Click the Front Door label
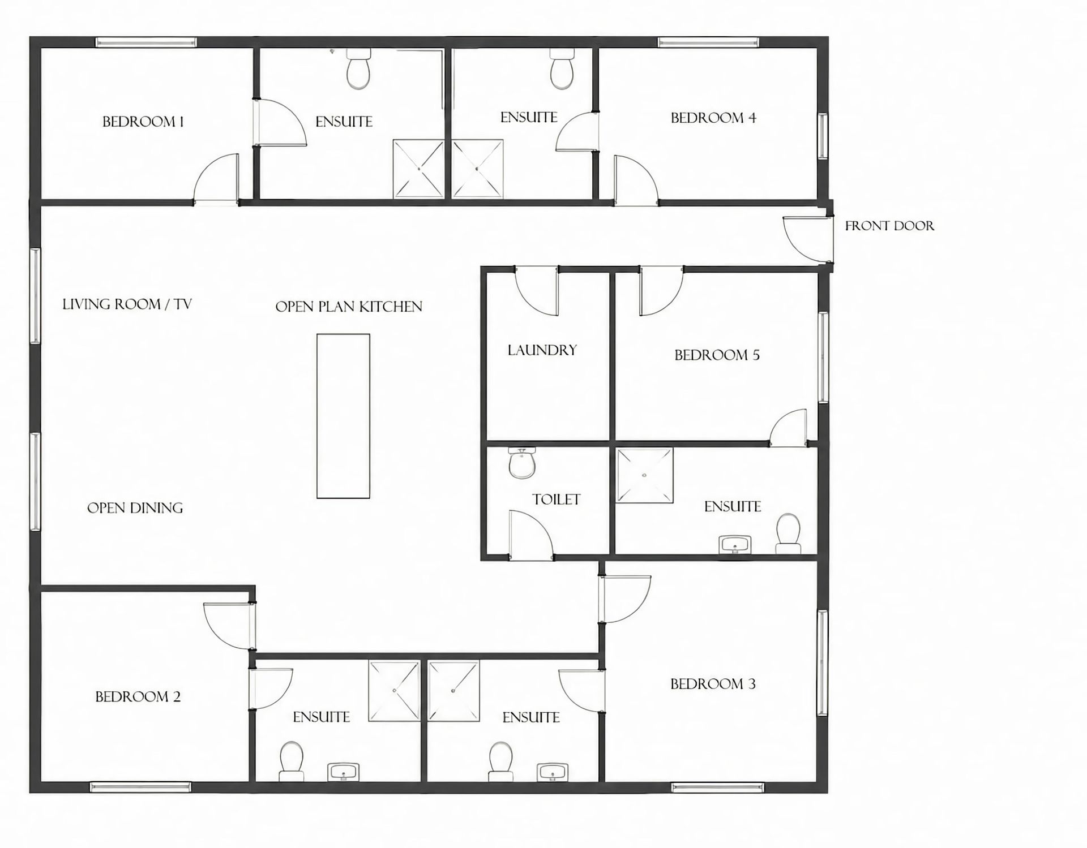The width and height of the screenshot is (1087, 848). (889, 226)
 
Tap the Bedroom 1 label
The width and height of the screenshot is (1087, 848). (143, 122)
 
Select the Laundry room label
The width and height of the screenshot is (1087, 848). (542, 350)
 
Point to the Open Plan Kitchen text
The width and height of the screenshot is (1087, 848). (349, 307)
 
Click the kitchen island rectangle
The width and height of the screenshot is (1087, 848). (343, 416)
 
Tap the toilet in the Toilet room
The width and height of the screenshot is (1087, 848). (521, 463)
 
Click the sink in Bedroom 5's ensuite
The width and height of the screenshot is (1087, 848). (735, 545)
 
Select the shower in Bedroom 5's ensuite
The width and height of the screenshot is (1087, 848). (645, 475)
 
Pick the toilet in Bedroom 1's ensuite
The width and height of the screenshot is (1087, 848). (358, 68)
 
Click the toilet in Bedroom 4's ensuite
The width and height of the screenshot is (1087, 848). (562, 68)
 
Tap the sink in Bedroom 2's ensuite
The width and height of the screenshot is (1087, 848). (343, 772)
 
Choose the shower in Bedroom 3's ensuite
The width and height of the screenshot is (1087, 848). (453, 691)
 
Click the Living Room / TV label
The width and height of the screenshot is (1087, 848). (127, 304)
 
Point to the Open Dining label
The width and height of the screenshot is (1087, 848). (135, 508)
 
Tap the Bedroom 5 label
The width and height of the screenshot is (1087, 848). (717, 355)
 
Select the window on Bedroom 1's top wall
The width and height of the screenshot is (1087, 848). (145, 42)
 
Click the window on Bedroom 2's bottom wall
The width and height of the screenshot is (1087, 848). (140, 786)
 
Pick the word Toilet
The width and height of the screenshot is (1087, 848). (556, 500)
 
